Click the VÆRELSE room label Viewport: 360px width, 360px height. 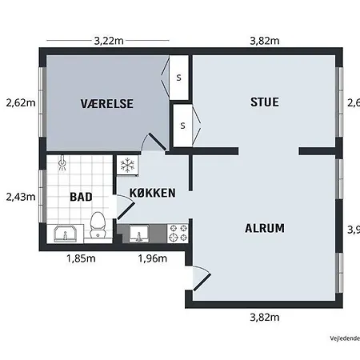[x=106, y=103]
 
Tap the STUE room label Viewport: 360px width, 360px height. [x=265, y=102]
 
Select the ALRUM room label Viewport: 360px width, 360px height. [x=264, y=228]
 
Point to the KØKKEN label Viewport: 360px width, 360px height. [x=153, y=193]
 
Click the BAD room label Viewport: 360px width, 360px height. [x=81, y=196]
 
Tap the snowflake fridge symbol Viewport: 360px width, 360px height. [x=126, y=166]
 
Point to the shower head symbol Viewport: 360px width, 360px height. [x=62, y=164]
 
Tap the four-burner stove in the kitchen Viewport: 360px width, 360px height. [x=178, y=234]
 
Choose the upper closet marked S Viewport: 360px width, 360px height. [x=178, y=78]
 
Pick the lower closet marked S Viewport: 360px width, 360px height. [x=182, y=126]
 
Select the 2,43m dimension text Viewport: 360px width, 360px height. [x=20, y=196]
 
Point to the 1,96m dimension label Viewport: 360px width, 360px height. [x=152, y=258]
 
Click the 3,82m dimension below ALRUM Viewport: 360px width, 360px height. [x=264, y=317]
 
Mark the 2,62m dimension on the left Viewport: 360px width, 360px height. [x=20, y=102]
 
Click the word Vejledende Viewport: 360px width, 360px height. [x=344, y=338]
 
